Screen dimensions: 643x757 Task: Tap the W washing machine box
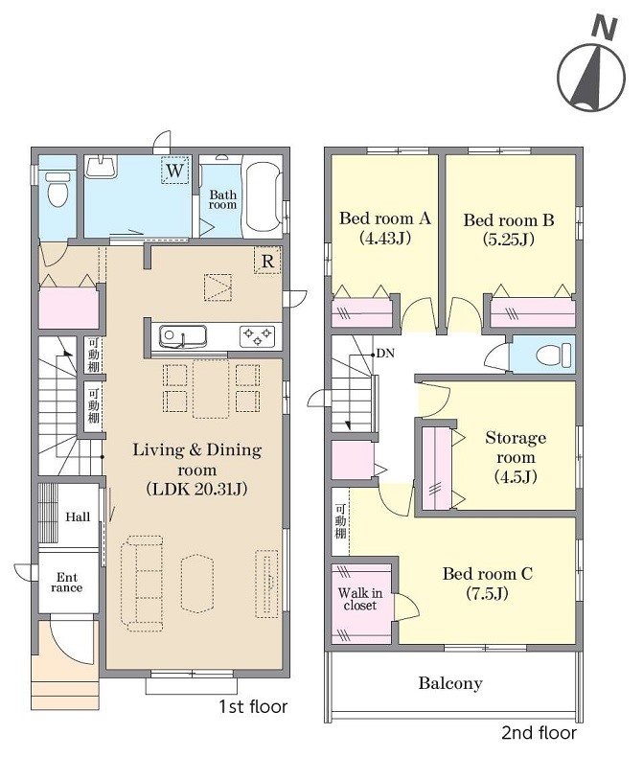175,171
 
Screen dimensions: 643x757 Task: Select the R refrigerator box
267,261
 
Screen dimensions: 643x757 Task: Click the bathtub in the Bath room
264,198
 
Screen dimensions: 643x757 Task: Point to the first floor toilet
57,189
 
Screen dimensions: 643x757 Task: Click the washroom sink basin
102,167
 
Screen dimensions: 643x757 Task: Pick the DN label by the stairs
385,354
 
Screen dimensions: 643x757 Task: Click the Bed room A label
384,227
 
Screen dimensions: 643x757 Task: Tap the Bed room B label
509,229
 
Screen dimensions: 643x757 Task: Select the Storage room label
516,457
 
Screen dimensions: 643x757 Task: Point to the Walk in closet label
360,599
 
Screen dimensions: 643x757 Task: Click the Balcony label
450,683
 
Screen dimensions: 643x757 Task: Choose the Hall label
78,516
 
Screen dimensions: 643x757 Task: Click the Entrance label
67,583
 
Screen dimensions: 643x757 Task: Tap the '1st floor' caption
253,707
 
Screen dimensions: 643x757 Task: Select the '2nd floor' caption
539,732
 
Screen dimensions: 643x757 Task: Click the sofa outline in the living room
142,584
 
